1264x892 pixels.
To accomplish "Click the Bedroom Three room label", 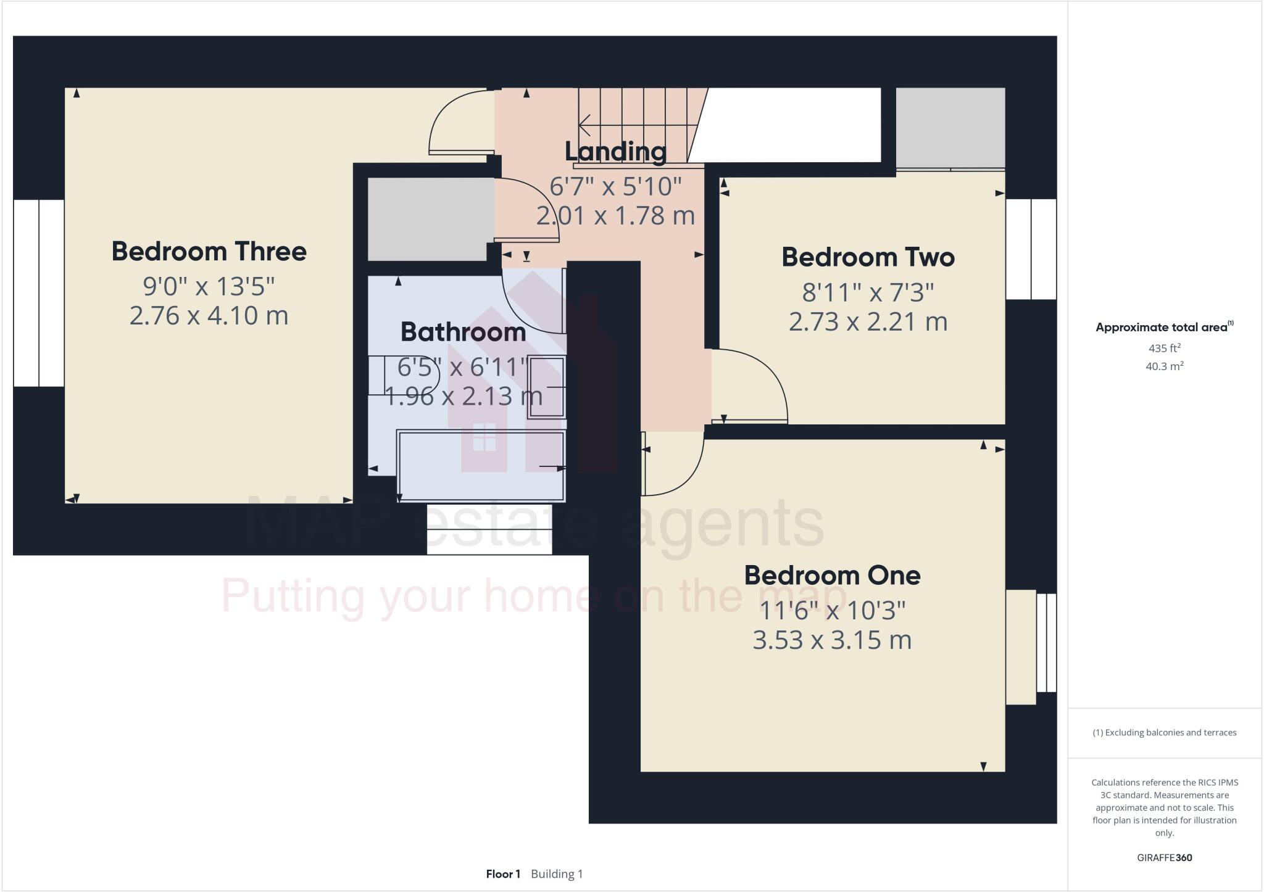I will tap(209, 252).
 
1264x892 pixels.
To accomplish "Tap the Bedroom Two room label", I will tap(868, 257).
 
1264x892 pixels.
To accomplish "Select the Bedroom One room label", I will tap(832, 576).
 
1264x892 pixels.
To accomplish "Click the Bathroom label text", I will tap(463, 332).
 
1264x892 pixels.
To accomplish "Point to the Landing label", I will tap(615, 151).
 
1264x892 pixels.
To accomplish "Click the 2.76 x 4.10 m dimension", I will tap(209, 316).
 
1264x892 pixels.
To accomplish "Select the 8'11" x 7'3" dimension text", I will tap(868, 292).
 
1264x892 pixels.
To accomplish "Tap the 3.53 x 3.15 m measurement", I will tap(832, 640).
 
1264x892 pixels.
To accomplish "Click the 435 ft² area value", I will tap(1164, 348).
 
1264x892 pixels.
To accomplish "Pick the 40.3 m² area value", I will tap(1164, 366).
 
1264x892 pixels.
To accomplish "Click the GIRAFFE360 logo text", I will tap(1164, 857).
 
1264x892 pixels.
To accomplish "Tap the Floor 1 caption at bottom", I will tap(503, 874).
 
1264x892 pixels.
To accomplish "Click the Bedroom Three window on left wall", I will tap(39, 293).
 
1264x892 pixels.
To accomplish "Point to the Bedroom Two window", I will tap(1031, 249).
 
